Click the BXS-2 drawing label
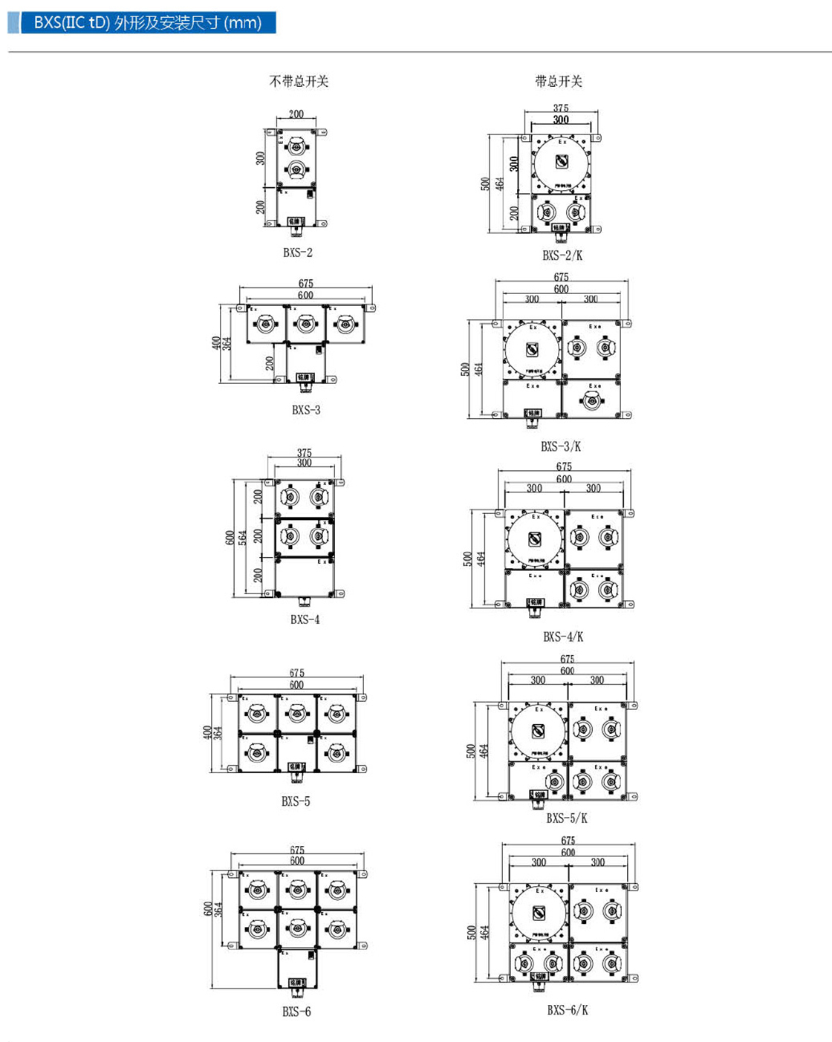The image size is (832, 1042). pyautogui.click(x=297, y=253)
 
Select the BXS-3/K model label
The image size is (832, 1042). pyautogui.click(x=561, y=446)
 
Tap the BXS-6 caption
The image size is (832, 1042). pyautogui.click(x=296, y=1012)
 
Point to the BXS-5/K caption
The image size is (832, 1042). pyautogui.click(x=567, y=818)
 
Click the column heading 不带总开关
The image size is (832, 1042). pyautogui.click(x=299, y=81)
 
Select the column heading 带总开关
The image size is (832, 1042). pyautogui.click(x=559, y=81)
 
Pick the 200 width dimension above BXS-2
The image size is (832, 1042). pyautogui.click(x=296, y=114)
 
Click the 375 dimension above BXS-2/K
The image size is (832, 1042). pyautogui.click(x=561, y=108)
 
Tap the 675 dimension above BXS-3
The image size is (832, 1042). pyautogui.click(x=305, y=283)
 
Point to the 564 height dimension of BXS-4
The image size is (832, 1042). pyautogui.click(x=243, y=537)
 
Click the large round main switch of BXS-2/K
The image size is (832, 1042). pyautogui.click(x=562, y=161)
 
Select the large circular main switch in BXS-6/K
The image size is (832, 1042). pyautogui.click(x=539, y=913)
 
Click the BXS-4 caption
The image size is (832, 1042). pyautogui.click(x=305, y=619)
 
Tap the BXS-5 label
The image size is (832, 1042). pyautogui.click(x=296, y=801)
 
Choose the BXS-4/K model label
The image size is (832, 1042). pyautogui.click(x=563, y=636)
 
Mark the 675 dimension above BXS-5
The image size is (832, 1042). pyautogui.click(x=296, y=673)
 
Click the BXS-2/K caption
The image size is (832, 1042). pyautogui.click(x=562, y=255)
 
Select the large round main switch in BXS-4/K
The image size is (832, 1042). pyautogui.click(x=535, y=538)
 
